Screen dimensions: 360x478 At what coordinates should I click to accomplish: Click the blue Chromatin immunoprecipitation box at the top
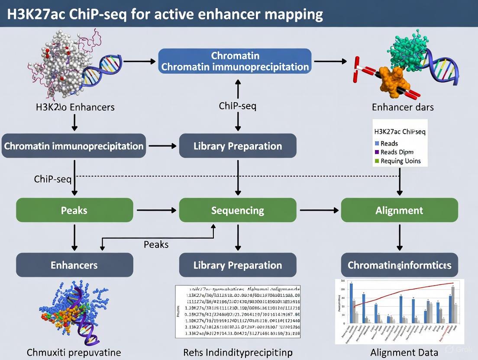(x=235, y=61)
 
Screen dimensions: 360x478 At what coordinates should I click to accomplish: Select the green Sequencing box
(x=238, y=210)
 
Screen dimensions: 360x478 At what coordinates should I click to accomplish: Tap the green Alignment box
(x=399, y=210)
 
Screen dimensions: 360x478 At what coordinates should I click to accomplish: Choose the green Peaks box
(x=74, y=210)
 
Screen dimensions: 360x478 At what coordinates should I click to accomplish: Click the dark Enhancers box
(x=74, y=265)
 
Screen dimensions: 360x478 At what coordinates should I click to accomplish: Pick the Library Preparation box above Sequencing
(x=238, y=146)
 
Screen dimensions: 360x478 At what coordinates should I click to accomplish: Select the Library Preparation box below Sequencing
(x=238, y=265)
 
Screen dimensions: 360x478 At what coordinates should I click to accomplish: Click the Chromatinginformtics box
(x=399, y=265)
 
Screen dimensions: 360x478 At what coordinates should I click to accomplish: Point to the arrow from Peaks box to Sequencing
(x=156, y=210)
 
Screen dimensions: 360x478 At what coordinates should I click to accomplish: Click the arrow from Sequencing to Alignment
(x=319, y=210)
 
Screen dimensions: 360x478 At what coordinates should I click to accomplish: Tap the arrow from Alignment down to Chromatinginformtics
(x=399, y=237)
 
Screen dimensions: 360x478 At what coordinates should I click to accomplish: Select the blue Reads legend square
(x=377, y=143)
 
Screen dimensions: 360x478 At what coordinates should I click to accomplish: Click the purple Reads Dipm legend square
(x=377, y=152)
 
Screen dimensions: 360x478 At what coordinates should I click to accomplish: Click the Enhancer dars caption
(x=403, y=106)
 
